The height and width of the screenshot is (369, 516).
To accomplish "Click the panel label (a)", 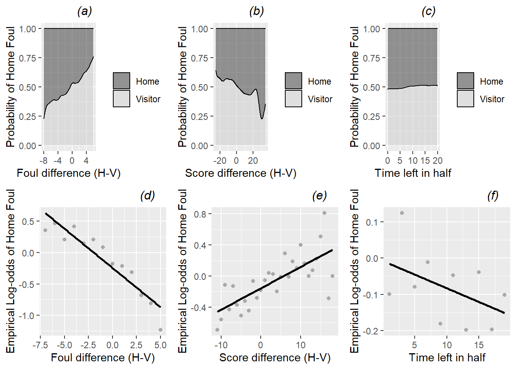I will [x=84, y=12].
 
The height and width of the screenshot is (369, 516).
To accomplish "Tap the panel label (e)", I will [x=319, y=196].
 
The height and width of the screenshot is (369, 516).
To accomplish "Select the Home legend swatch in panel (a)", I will [x=122, y=81].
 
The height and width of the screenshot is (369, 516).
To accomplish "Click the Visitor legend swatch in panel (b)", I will [x=294, y=99].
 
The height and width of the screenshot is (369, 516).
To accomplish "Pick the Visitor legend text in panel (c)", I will [x=492, y=99].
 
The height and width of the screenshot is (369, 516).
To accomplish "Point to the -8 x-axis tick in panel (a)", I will [x=43, y=161].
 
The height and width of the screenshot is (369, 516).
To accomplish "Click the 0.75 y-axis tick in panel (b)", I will [x=200, y=58].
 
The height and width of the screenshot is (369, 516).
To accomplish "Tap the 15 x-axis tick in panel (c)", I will [x=425, y=161].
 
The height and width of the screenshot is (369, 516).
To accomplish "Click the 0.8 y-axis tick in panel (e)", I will [x=200, y=214].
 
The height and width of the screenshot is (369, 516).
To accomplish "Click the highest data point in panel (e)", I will [x=324, y=213].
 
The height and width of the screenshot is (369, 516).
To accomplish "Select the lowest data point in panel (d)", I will [x=160, y=330].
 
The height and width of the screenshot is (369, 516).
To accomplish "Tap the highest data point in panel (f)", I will [x=402, y=213].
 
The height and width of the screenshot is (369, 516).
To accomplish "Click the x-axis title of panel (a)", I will [x=69, y=173].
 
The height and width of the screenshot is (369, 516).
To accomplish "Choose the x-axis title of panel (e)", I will [x=275, y=358].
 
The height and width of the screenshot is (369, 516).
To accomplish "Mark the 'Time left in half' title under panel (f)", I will [x=447, y=358].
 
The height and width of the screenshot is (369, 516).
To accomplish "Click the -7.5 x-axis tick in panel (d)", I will [x=40, y=345].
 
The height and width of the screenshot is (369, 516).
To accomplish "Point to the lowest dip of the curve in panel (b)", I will [x=262, y=119].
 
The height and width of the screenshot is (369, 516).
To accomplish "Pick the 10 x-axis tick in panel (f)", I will [x=447, y=345].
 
